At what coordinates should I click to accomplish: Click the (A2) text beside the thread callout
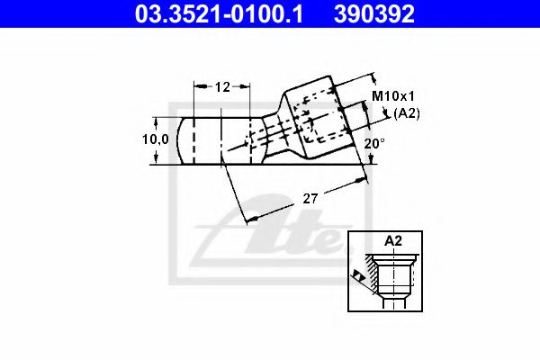[408, 112]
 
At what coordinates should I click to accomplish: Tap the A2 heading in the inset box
[393, 241]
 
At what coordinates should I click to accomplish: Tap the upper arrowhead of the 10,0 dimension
[158, 121]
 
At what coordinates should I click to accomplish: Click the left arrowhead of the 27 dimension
[251, 216]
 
